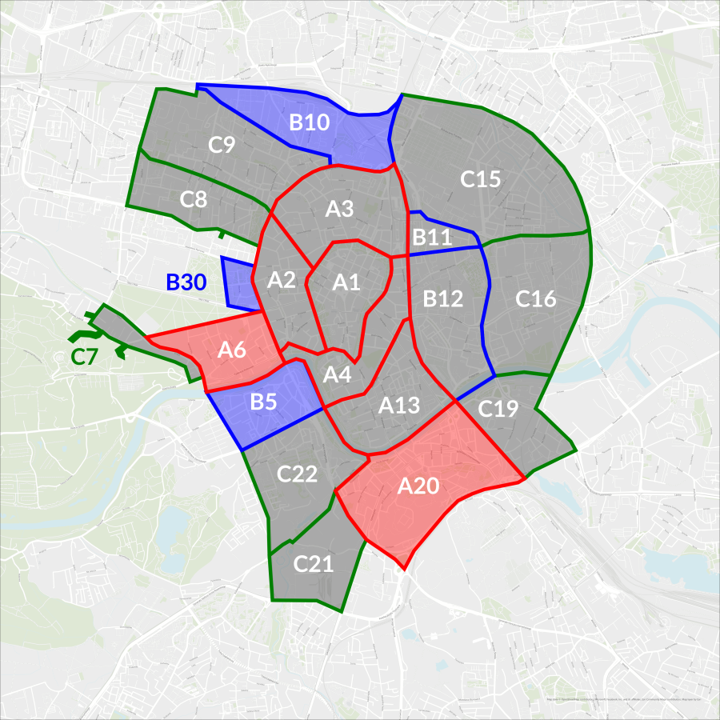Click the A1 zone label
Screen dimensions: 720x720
pos(347,282)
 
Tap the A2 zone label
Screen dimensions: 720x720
pos(282,279)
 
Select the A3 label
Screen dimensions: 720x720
pos(339,210)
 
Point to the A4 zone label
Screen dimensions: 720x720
pos(337,374)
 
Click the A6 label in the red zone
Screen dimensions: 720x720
pos(231,350)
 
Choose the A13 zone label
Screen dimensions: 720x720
pos(399,405)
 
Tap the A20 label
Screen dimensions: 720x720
pos(418,486)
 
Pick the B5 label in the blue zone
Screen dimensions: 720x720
pos(263,402)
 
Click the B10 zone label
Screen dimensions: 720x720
pos(310,122)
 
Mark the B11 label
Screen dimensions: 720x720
pos(432,237)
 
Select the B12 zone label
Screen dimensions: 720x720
pos(443,299)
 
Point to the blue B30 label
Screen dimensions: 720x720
pos(186,282)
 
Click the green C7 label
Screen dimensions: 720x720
pos(83,357)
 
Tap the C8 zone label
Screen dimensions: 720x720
pos(194,199)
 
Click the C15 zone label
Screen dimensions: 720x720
pos(480,179)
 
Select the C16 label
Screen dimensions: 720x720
pos(535,299)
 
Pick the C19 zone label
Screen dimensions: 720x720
pos(498,409)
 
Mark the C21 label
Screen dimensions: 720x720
pos(313,564)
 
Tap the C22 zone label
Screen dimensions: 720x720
pos(298,474)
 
